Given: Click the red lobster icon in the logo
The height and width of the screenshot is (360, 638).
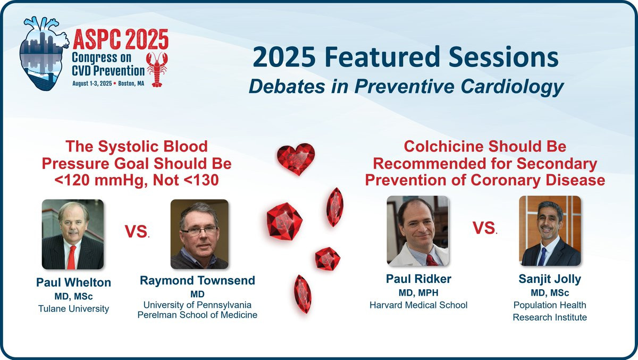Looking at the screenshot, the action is (x=157, y=69).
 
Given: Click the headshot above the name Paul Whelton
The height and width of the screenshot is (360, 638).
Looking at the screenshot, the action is (x=73, y=234).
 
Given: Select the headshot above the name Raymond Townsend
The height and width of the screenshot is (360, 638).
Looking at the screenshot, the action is (x=199, y=234).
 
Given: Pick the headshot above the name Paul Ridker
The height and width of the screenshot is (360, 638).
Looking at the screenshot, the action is (x=417, y=231).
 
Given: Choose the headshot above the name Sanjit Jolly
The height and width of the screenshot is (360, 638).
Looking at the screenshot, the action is (x=550, y=231).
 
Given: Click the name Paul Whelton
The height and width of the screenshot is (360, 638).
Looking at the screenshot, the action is (x=73, y=282).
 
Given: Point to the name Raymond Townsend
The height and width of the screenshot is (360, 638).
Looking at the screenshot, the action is (x=197, y=281).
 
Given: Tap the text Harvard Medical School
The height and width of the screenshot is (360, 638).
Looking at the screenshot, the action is (x=418, y=305).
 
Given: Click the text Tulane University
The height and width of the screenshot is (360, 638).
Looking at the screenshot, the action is (x=73, y=309).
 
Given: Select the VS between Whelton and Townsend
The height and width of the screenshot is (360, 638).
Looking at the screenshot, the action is (x=137, y=231).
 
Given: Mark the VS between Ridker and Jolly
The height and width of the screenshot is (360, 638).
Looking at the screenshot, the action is (x=485, y=228).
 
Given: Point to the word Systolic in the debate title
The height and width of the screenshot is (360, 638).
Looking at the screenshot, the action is (x=125, y=147).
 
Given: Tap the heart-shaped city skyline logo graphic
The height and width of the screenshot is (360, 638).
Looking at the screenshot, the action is (x=44, y=54).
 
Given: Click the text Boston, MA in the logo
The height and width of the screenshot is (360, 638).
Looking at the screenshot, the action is (x=131, y=83).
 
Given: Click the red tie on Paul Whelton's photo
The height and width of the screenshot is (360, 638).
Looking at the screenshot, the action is (x=72, y=257).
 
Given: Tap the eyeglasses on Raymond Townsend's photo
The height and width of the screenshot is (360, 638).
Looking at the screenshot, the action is (x=199, y=230).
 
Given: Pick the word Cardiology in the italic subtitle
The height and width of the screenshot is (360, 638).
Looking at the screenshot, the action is (x=512, y=87).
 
